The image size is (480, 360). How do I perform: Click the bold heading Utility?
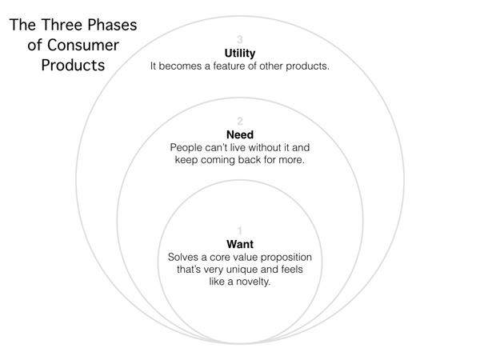240,54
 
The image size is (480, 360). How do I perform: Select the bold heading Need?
240,134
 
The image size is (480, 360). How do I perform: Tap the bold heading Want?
240,244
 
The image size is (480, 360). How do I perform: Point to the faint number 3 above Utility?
240,39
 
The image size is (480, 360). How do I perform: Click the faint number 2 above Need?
240,122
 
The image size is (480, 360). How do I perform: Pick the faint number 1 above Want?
240,230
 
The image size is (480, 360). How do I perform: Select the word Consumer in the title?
83,46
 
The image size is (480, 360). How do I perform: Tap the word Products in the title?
73,66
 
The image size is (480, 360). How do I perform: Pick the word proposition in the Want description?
286,258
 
